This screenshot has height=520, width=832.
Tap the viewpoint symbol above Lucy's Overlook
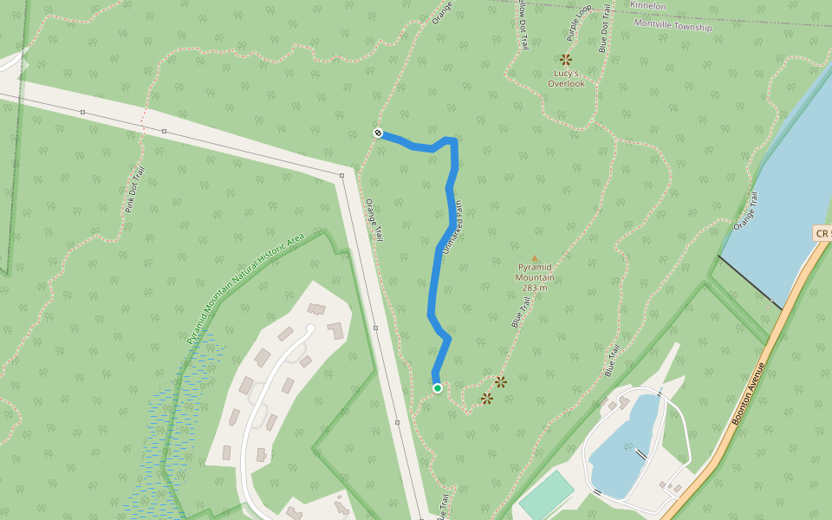[x=566, y=59]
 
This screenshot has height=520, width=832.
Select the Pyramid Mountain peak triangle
[x=535, y=257]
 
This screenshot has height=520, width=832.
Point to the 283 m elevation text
[x=535, y=288]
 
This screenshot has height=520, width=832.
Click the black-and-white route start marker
[x=378, y=133]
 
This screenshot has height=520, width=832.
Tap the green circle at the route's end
[x=438, y=388]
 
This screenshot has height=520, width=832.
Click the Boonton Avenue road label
[x=750, y=393]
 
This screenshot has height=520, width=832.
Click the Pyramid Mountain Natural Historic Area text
[x=245, y=289]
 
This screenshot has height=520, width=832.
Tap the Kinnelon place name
[x=648, y=5]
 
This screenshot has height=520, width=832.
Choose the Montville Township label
[x=673, y=25]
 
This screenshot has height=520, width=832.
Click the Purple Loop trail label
[x=578, y=23]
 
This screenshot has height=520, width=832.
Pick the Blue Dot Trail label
[x=604, y=28]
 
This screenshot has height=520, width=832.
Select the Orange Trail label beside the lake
[x=746, y=211]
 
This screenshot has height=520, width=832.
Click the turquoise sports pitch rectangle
[x=547, y=495]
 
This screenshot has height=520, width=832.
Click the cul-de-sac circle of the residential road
[x=310, y=328]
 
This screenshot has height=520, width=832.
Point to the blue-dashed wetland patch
[x=169, y=433]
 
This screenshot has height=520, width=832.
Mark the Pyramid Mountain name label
[x=535, y=272]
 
